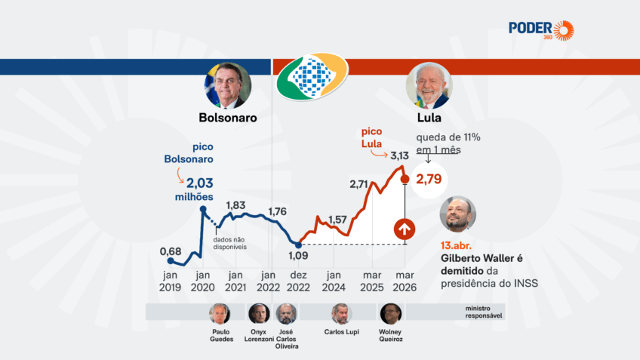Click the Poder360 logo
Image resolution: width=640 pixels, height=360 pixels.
(541, 30)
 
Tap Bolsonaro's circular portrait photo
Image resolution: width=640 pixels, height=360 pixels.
(227, 85)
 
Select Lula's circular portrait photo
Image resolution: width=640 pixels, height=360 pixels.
(429, 85)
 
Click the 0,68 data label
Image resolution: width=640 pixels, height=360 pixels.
(170, 251)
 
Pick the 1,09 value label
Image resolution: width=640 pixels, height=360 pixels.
(298, 257)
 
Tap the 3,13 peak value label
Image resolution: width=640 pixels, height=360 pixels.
(399, 155)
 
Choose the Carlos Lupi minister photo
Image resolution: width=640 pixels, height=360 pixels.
(341, 313)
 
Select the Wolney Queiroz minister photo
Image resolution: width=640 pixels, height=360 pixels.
(390, 313)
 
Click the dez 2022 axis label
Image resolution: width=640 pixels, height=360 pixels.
(298, 281)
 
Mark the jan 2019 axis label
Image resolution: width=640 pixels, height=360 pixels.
(170, 281)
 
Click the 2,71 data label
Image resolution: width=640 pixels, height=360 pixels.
(358, 183)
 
